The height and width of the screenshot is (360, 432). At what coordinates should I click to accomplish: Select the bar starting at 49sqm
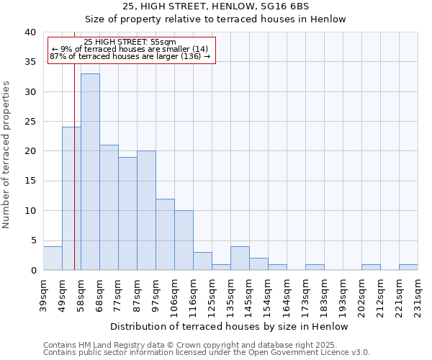[71, 199]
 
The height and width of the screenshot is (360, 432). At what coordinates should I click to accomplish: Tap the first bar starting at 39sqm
[53, 258]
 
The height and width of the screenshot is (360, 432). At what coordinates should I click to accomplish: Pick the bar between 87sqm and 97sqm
[146, 210]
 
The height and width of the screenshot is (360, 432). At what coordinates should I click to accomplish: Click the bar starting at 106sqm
[184, 240]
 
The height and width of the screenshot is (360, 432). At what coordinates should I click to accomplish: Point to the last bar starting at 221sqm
[408, 267]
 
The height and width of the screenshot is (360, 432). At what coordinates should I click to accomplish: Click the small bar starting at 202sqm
[371, 267]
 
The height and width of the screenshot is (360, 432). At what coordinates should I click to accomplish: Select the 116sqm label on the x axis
[193, 294]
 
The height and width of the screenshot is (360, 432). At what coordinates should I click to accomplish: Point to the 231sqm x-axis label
[418, 294]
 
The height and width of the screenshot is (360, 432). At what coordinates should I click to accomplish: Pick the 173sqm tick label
[305, 294]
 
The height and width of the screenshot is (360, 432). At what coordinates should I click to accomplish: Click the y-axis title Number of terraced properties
[6, 155]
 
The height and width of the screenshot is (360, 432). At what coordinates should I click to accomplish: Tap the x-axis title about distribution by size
[230, 326]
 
